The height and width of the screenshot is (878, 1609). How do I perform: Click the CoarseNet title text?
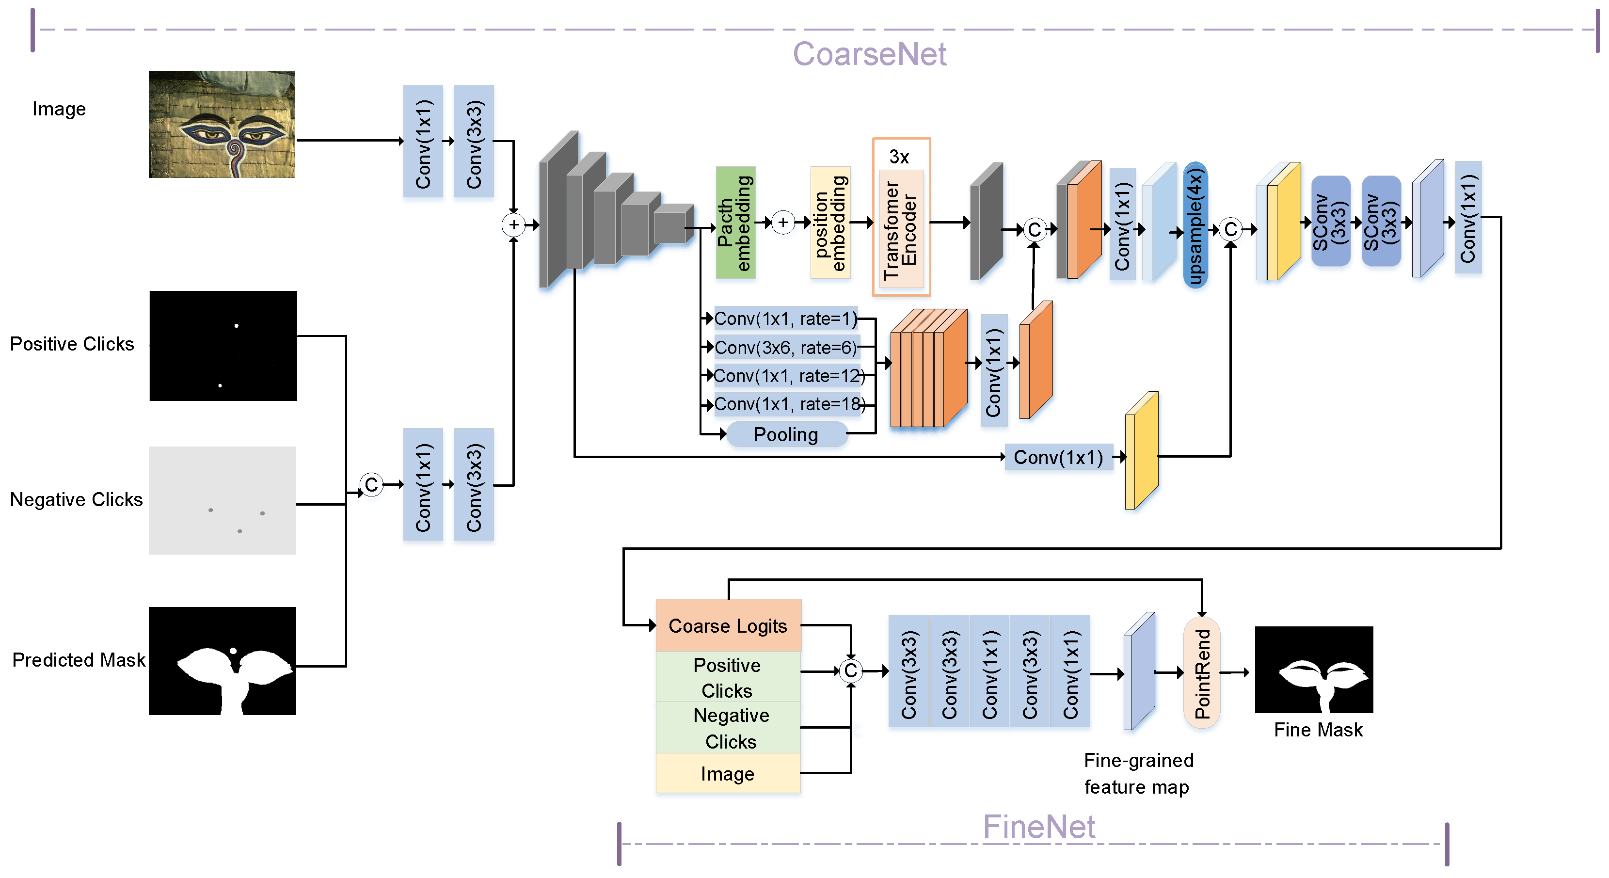869,54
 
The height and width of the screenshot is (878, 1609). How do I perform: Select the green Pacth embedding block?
735,223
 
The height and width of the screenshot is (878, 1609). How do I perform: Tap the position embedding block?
829,223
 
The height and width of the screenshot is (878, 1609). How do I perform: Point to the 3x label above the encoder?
899,157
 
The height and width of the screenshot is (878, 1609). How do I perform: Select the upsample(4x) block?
1195,225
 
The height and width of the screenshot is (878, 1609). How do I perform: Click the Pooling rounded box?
786,434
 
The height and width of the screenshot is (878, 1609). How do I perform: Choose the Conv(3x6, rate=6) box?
785,347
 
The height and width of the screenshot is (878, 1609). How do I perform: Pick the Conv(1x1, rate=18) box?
788,404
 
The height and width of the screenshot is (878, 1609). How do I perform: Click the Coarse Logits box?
728,626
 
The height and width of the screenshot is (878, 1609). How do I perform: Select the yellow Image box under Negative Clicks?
728,774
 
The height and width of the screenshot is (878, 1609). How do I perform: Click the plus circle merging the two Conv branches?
513,225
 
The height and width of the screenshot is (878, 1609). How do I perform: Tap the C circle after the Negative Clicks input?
372,485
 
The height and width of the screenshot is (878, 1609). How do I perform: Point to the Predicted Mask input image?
223,661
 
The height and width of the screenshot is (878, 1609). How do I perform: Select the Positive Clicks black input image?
223,345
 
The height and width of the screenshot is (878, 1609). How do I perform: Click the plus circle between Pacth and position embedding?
782,223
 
